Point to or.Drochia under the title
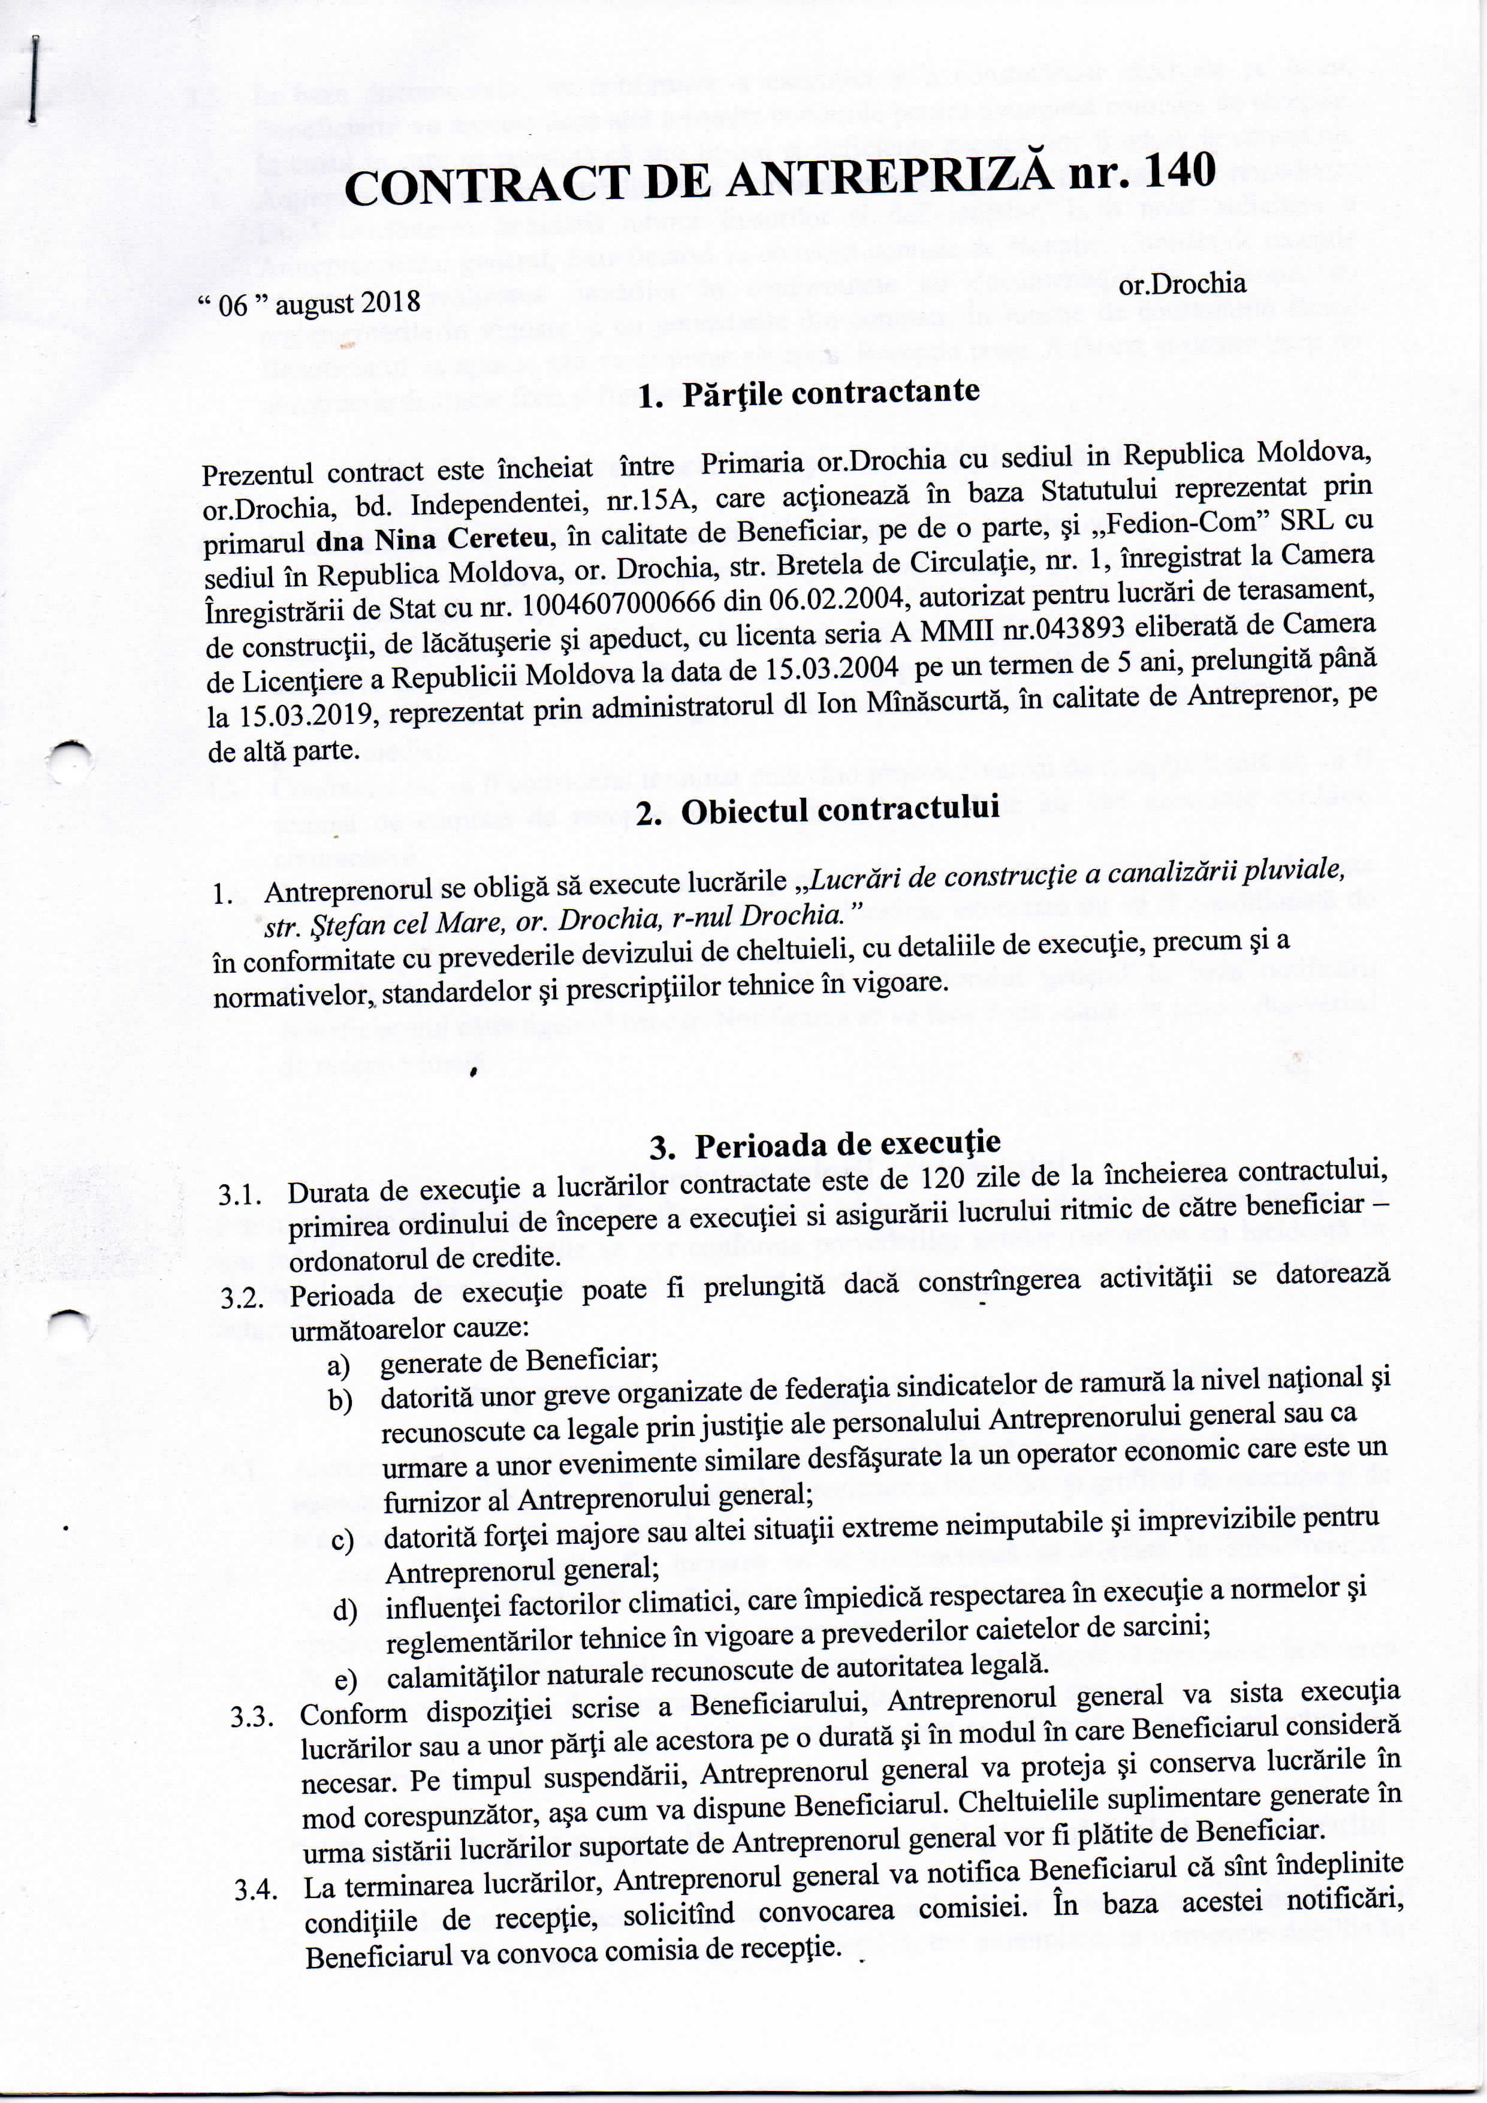(x=1182, y=283)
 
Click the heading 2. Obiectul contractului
(x=816, y=811)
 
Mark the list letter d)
(x=345, y=1609)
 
